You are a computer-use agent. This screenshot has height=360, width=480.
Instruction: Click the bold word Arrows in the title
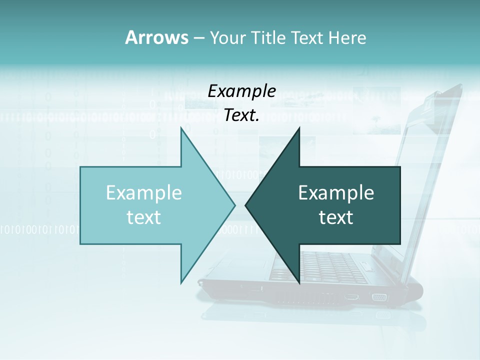[x=156, y=37]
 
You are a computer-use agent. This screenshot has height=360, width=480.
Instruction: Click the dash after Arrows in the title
[x=198, y=38]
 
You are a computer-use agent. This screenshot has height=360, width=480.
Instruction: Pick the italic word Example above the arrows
[x=241, y=91]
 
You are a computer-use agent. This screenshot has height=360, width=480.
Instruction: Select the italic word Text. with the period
[x=241, y=115]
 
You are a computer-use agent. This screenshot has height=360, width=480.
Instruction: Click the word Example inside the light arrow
[x=144, y=192]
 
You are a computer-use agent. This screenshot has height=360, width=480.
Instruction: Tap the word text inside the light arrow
[x=144, y=217]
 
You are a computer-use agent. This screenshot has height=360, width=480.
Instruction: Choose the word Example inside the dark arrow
[x=336, y=192]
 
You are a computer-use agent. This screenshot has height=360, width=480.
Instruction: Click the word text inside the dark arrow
[x=336, y=217]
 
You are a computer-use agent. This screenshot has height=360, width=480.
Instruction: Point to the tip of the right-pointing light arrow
[x=234, y=205]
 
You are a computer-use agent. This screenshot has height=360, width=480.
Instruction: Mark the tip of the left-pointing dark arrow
[x=245, y=205]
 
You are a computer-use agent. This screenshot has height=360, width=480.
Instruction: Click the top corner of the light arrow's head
[x=181, y=128]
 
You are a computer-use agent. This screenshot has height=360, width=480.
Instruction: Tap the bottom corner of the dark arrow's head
[x=299, y=283]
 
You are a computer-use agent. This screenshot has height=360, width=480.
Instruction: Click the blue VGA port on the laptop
[x=379, y=297]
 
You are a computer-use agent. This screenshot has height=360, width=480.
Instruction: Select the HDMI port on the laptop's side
[x=351, y=297]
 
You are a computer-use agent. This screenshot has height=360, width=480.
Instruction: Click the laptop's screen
[x=425, y=165]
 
